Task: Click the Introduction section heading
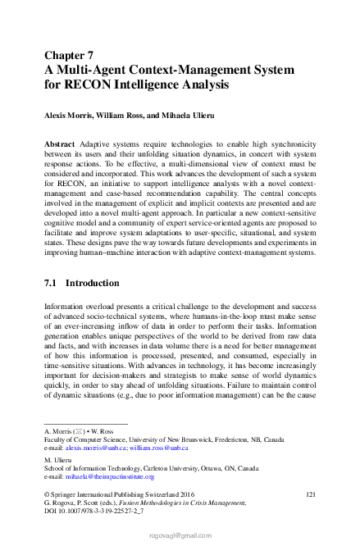pyautogui.click(x=93, y=283)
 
